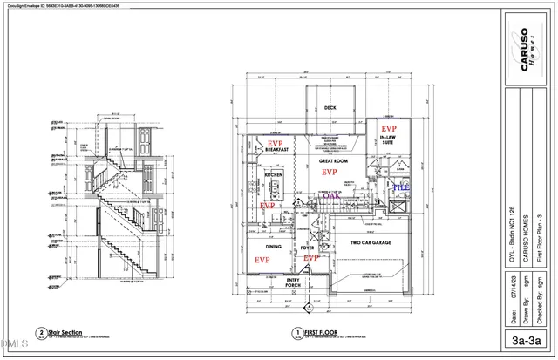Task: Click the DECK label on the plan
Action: click(330, 108)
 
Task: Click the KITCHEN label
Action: click(274, 174)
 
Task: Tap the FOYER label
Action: click(307, 248)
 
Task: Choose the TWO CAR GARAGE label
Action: click(374, 242)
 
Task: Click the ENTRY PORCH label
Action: click(292, 283)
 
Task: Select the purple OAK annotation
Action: click(330, 197)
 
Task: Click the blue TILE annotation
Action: click(400, 187)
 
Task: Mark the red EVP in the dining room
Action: click(261, 260)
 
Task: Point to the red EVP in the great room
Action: click(330, 173)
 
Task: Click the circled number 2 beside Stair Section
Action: click(41, 332)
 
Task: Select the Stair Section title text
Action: click(66, 332)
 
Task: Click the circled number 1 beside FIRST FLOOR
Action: click(297, 332)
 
